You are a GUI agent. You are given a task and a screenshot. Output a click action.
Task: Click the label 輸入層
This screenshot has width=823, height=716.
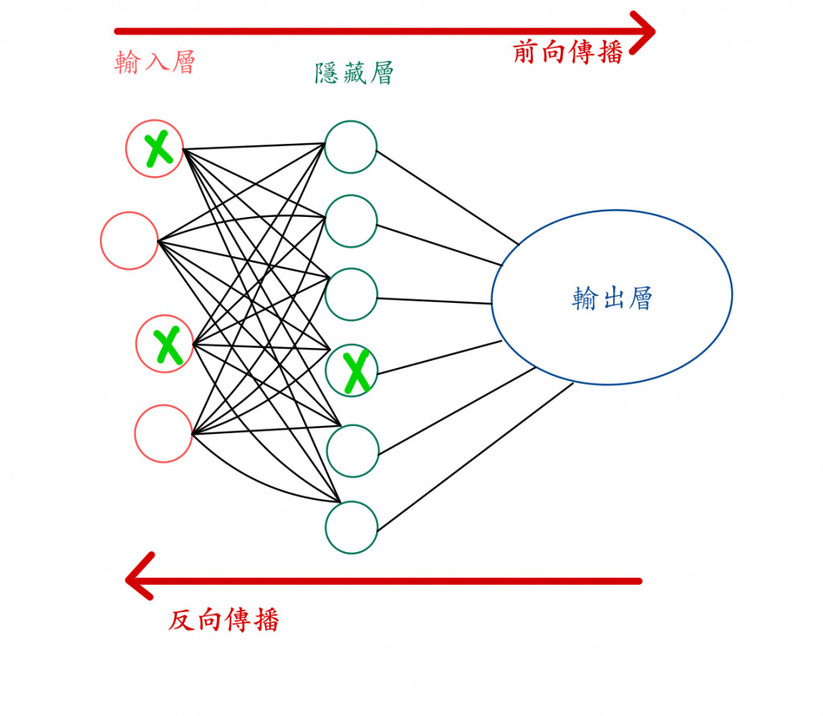[155, 63]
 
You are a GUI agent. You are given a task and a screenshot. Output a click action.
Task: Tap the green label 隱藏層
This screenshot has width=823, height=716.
[354, 75]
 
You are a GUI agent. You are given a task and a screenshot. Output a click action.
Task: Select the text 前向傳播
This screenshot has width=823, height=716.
[567, 53]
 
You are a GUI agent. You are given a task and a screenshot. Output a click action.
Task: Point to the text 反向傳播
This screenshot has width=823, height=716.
[223, 620]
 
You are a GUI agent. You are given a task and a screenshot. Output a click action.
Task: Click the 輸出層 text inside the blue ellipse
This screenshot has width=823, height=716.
[612, 298]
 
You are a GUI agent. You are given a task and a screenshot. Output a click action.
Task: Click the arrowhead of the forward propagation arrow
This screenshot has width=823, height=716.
[643, 32]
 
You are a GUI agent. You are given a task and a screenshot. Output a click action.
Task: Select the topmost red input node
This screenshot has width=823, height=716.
[154, 149]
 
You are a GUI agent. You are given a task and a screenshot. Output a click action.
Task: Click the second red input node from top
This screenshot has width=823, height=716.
[129, 240]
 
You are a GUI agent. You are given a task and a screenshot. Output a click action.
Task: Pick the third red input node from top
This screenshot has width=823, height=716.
[165, 344]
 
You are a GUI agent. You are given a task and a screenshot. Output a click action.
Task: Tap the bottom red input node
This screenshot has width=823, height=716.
[163, 434]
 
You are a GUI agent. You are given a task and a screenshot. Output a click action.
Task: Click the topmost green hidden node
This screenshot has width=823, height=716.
[351, 146]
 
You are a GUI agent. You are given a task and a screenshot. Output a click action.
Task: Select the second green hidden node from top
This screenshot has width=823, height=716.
[351, 221]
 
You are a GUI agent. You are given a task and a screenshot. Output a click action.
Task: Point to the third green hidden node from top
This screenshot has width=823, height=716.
[351, 295]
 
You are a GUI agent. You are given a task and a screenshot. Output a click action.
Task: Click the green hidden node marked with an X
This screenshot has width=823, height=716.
[351, 370]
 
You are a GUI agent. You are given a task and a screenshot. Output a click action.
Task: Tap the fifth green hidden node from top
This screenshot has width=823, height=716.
[351, 451]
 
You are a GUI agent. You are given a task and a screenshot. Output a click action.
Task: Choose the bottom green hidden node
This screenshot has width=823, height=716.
[351, 527]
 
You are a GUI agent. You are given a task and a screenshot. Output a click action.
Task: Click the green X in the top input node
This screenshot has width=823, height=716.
[158, 149]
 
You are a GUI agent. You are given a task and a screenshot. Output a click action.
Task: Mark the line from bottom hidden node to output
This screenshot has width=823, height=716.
[474, 456]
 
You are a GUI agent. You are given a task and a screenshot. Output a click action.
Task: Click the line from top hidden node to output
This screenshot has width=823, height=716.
[448, 197]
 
